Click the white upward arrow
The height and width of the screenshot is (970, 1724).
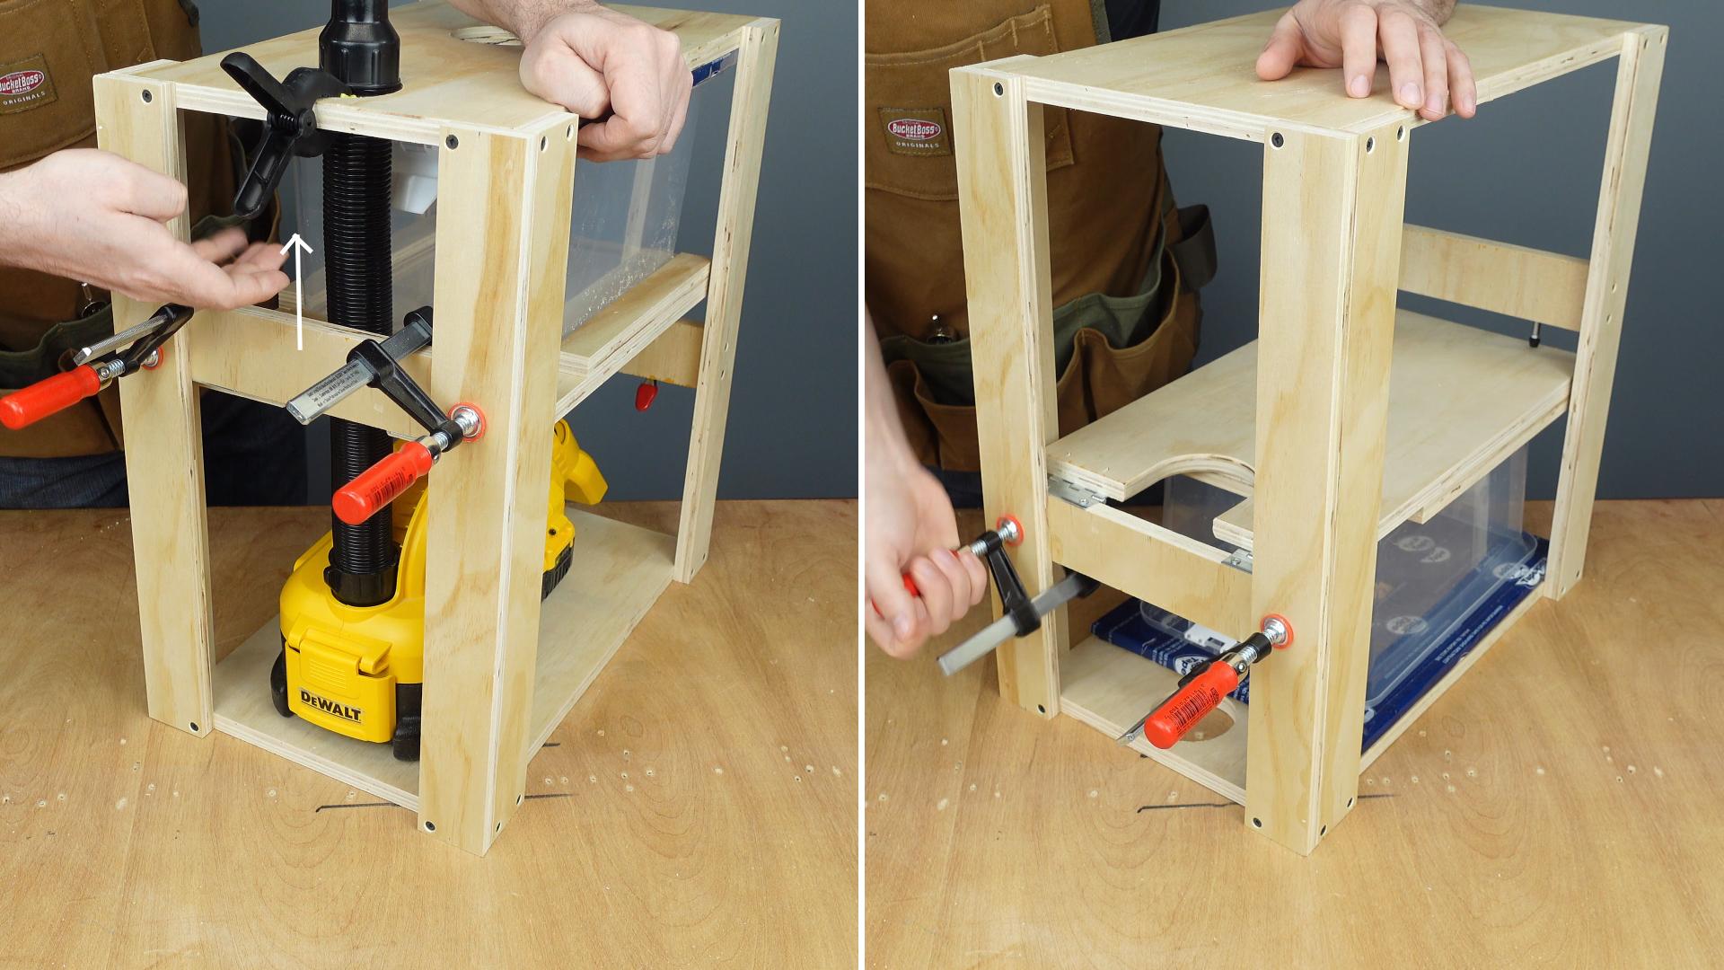pyautogui.click(x=299, y=292)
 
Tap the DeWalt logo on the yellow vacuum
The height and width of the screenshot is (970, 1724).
pyautogui.click(x=330, y=705)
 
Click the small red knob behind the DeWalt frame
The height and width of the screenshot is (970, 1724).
pyautogui.click(x=645, y=395)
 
